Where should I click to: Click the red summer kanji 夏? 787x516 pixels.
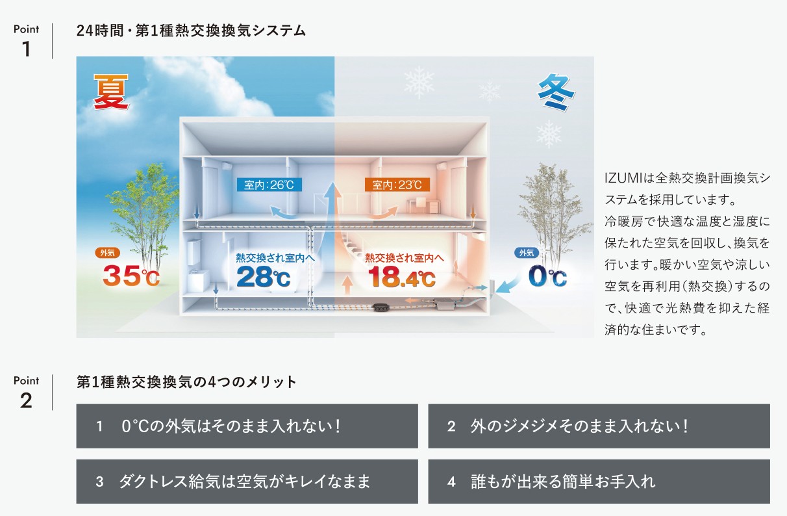pyautogui.click(x=110, y=92)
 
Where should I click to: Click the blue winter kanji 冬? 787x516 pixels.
pyautogui.click(x=556, y=92)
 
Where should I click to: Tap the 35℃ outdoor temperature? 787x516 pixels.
pyautogui.click(x=131, y=276)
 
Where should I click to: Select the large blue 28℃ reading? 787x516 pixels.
pyautogui.click(x=264, y=277)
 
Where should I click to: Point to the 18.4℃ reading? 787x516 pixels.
pyautogui.click(x=401, y=277)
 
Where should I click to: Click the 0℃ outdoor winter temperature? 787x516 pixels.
pyautogui.click(x=547, y=276)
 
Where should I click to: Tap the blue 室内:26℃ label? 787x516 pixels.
pyautogui.click(x=269, y=185)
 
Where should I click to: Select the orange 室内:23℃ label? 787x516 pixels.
pyautogui.click(x=397, y=185)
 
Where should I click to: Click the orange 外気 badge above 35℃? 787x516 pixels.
pyautogui.click(x=107, y=253)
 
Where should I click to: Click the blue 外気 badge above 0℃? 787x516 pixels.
pyautogui.click(x=527, y=253)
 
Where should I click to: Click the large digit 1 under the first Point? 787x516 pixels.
pyautogui.click(x=26, y=49)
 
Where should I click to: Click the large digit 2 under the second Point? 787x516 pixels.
pyautogui.click(x=26, y=400)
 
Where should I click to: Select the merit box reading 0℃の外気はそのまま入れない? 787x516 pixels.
pyautogui.click(x=247, y=426)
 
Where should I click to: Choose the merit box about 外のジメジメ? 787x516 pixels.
pyautogui.click(x=599, y=426)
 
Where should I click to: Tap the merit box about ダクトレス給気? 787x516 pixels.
pyautogui.click(x=247, y=481)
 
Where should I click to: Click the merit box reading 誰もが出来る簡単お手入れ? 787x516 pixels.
pyautogui.click(x=599, y=481)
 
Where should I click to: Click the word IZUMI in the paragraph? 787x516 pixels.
pyautogui.click(x=624, y=178)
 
